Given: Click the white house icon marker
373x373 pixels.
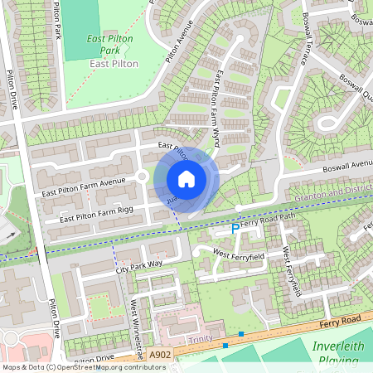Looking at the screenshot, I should (x=186, y=178).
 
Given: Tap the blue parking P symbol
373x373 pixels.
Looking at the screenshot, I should (x=235, y=227).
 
